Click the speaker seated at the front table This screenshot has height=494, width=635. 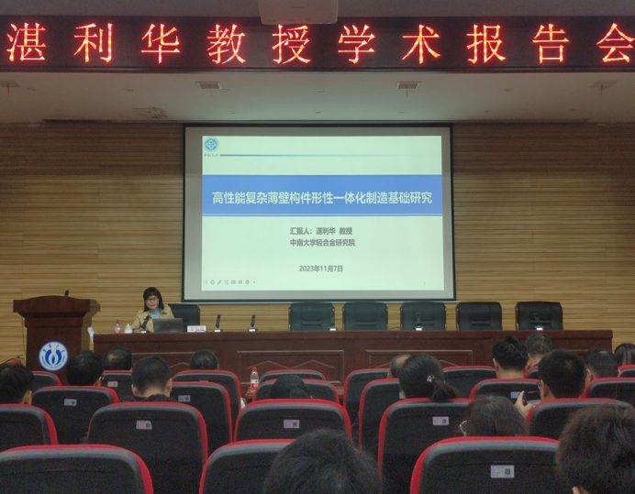coord(152,308)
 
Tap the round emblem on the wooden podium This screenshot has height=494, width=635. coord(53,355)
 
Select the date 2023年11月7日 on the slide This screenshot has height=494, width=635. coord(320,269)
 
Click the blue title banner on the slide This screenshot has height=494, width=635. coord(321,197)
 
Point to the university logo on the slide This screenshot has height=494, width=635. coord(211,146)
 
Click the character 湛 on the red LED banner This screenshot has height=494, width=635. coord(27,43)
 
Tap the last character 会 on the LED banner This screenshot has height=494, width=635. coord(614,43)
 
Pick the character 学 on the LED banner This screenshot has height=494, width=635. coord(356,43)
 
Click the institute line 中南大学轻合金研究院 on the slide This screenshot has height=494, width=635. coord(320,244)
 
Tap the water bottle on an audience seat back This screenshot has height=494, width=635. coord(254,378)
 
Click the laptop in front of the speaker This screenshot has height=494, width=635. coord(169,324)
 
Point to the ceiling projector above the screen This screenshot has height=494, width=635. coord(298,11)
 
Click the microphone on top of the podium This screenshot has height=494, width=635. coord(65,294)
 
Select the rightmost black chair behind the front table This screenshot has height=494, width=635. coord(539,314)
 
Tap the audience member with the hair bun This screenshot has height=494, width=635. coord(425,377)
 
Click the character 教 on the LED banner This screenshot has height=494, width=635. coord(226,43)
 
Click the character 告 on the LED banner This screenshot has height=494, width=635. coord(550,43)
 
